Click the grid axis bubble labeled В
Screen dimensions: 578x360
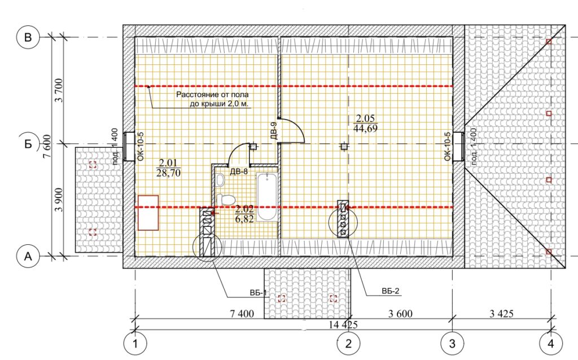[28, 38]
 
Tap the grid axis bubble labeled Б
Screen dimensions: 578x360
[28, 144]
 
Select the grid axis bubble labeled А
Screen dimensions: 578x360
[28, 256]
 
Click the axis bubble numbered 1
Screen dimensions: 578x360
[135, 344]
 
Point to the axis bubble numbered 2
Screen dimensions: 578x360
[348, 344]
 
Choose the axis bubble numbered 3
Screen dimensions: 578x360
[452, 344]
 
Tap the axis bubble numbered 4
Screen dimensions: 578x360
[551, 344]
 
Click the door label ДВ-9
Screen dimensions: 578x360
[274, 131]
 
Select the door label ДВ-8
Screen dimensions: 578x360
[239, 172]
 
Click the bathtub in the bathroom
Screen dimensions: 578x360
[266, 197]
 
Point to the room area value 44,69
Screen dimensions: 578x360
[365, 129]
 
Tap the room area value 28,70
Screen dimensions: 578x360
[168, 173]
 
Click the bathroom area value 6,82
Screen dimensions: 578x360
[244, 219]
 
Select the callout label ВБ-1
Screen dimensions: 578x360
[257, 293]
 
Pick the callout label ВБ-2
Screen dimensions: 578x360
[391, 291]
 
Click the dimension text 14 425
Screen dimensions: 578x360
[343, 324]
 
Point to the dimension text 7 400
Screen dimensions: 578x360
[242, 314]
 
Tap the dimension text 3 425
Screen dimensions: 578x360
[501, 314]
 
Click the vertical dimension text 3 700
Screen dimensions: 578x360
[59, 90]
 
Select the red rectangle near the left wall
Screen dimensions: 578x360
[148, 213]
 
